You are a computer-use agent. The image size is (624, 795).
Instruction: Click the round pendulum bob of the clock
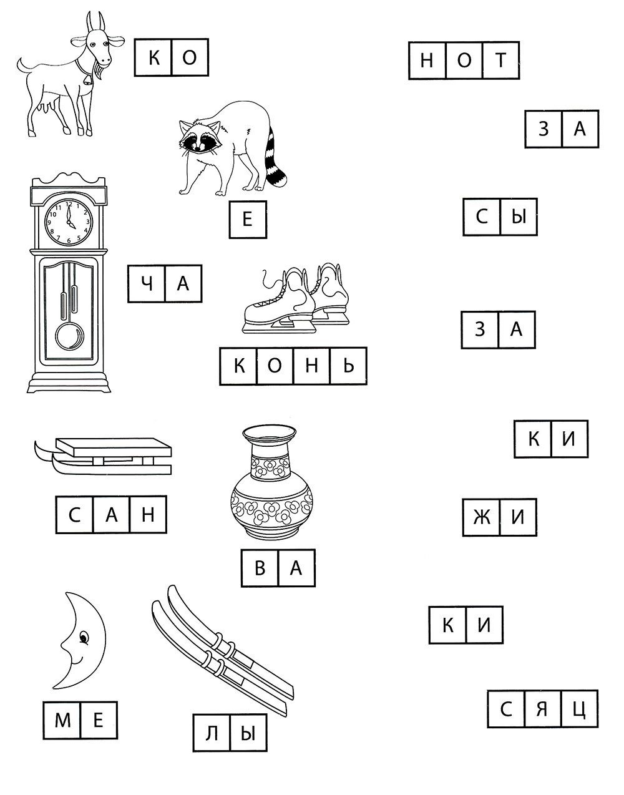(69, 336)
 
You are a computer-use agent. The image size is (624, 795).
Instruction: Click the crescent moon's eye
(84, 638)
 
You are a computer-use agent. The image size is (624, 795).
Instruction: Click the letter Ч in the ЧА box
(147, 283)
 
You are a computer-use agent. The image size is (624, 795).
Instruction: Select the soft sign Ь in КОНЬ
(348, 366)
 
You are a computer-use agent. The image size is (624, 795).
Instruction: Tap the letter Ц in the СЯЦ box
(579, 710)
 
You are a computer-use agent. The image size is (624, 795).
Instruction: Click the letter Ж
(482, 517)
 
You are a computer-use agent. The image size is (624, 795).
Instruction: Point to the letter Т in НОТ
(500, 60)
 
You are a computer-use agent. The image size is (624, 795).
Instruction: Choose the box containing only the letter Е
(248, 220)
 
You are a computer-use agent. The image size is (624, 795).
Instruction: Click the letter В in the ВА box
(260, 568)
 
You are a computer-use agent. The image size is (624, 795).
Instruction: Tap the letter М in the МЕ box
(62, 720)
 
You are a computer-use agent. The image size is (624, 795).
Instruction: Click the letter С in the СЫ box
(482, 217)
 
